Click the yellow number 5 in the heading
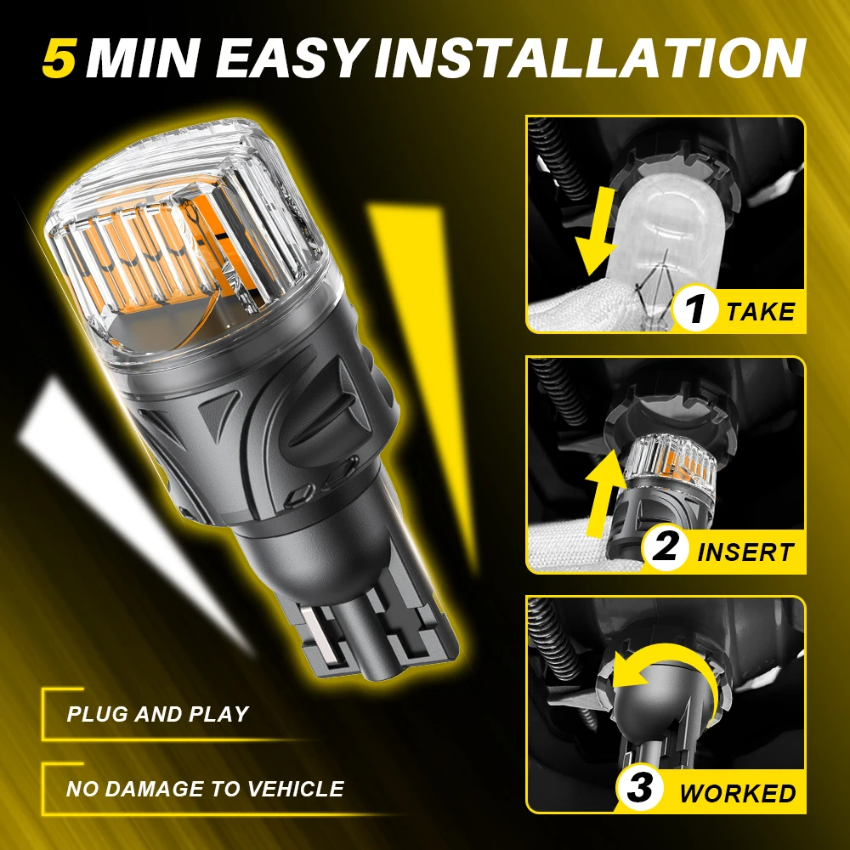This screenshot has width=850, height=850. click(59, 58)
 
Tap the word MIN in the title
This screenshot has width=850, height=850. click(144, 58)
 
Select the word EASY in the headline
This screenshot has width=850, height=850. click(290, 58)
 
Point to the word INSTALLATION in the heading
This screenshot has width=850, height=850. click(589, 58)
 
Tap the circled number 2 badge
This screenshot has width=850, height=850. click(664, 547)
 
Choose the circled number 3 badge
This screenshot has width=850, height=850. click(639, 788)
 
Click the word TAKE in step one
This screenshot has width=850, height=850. click(760, 312)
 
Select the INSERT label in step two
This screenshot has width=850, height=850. click(745, 552)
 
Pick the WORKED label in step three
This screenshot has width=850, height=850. click(737, 793)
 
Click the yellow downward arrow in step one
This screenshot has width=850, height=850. click(598, 230)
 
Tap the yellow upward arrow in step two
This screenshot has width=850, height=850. click(603, 492)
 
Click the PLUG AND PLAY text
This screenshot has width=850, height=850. click(157, 714)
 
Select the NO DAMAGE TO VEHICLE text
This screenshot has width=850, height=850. click(205, 789)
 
